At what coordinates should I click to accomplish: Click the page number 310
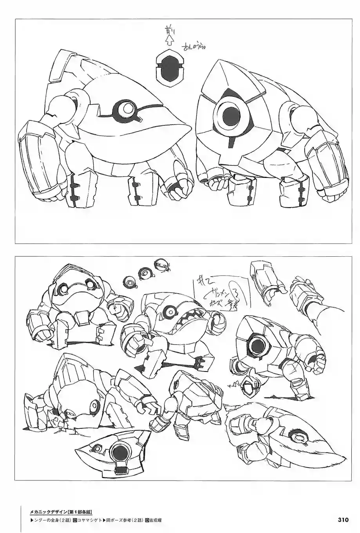point(343,520)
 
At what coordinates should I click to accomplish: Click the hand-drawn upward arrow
point(169,39)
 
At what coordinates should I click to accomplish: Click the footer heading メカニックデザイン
point(49,511)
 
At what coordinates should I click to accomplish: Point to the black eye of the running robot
point(259,345)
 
